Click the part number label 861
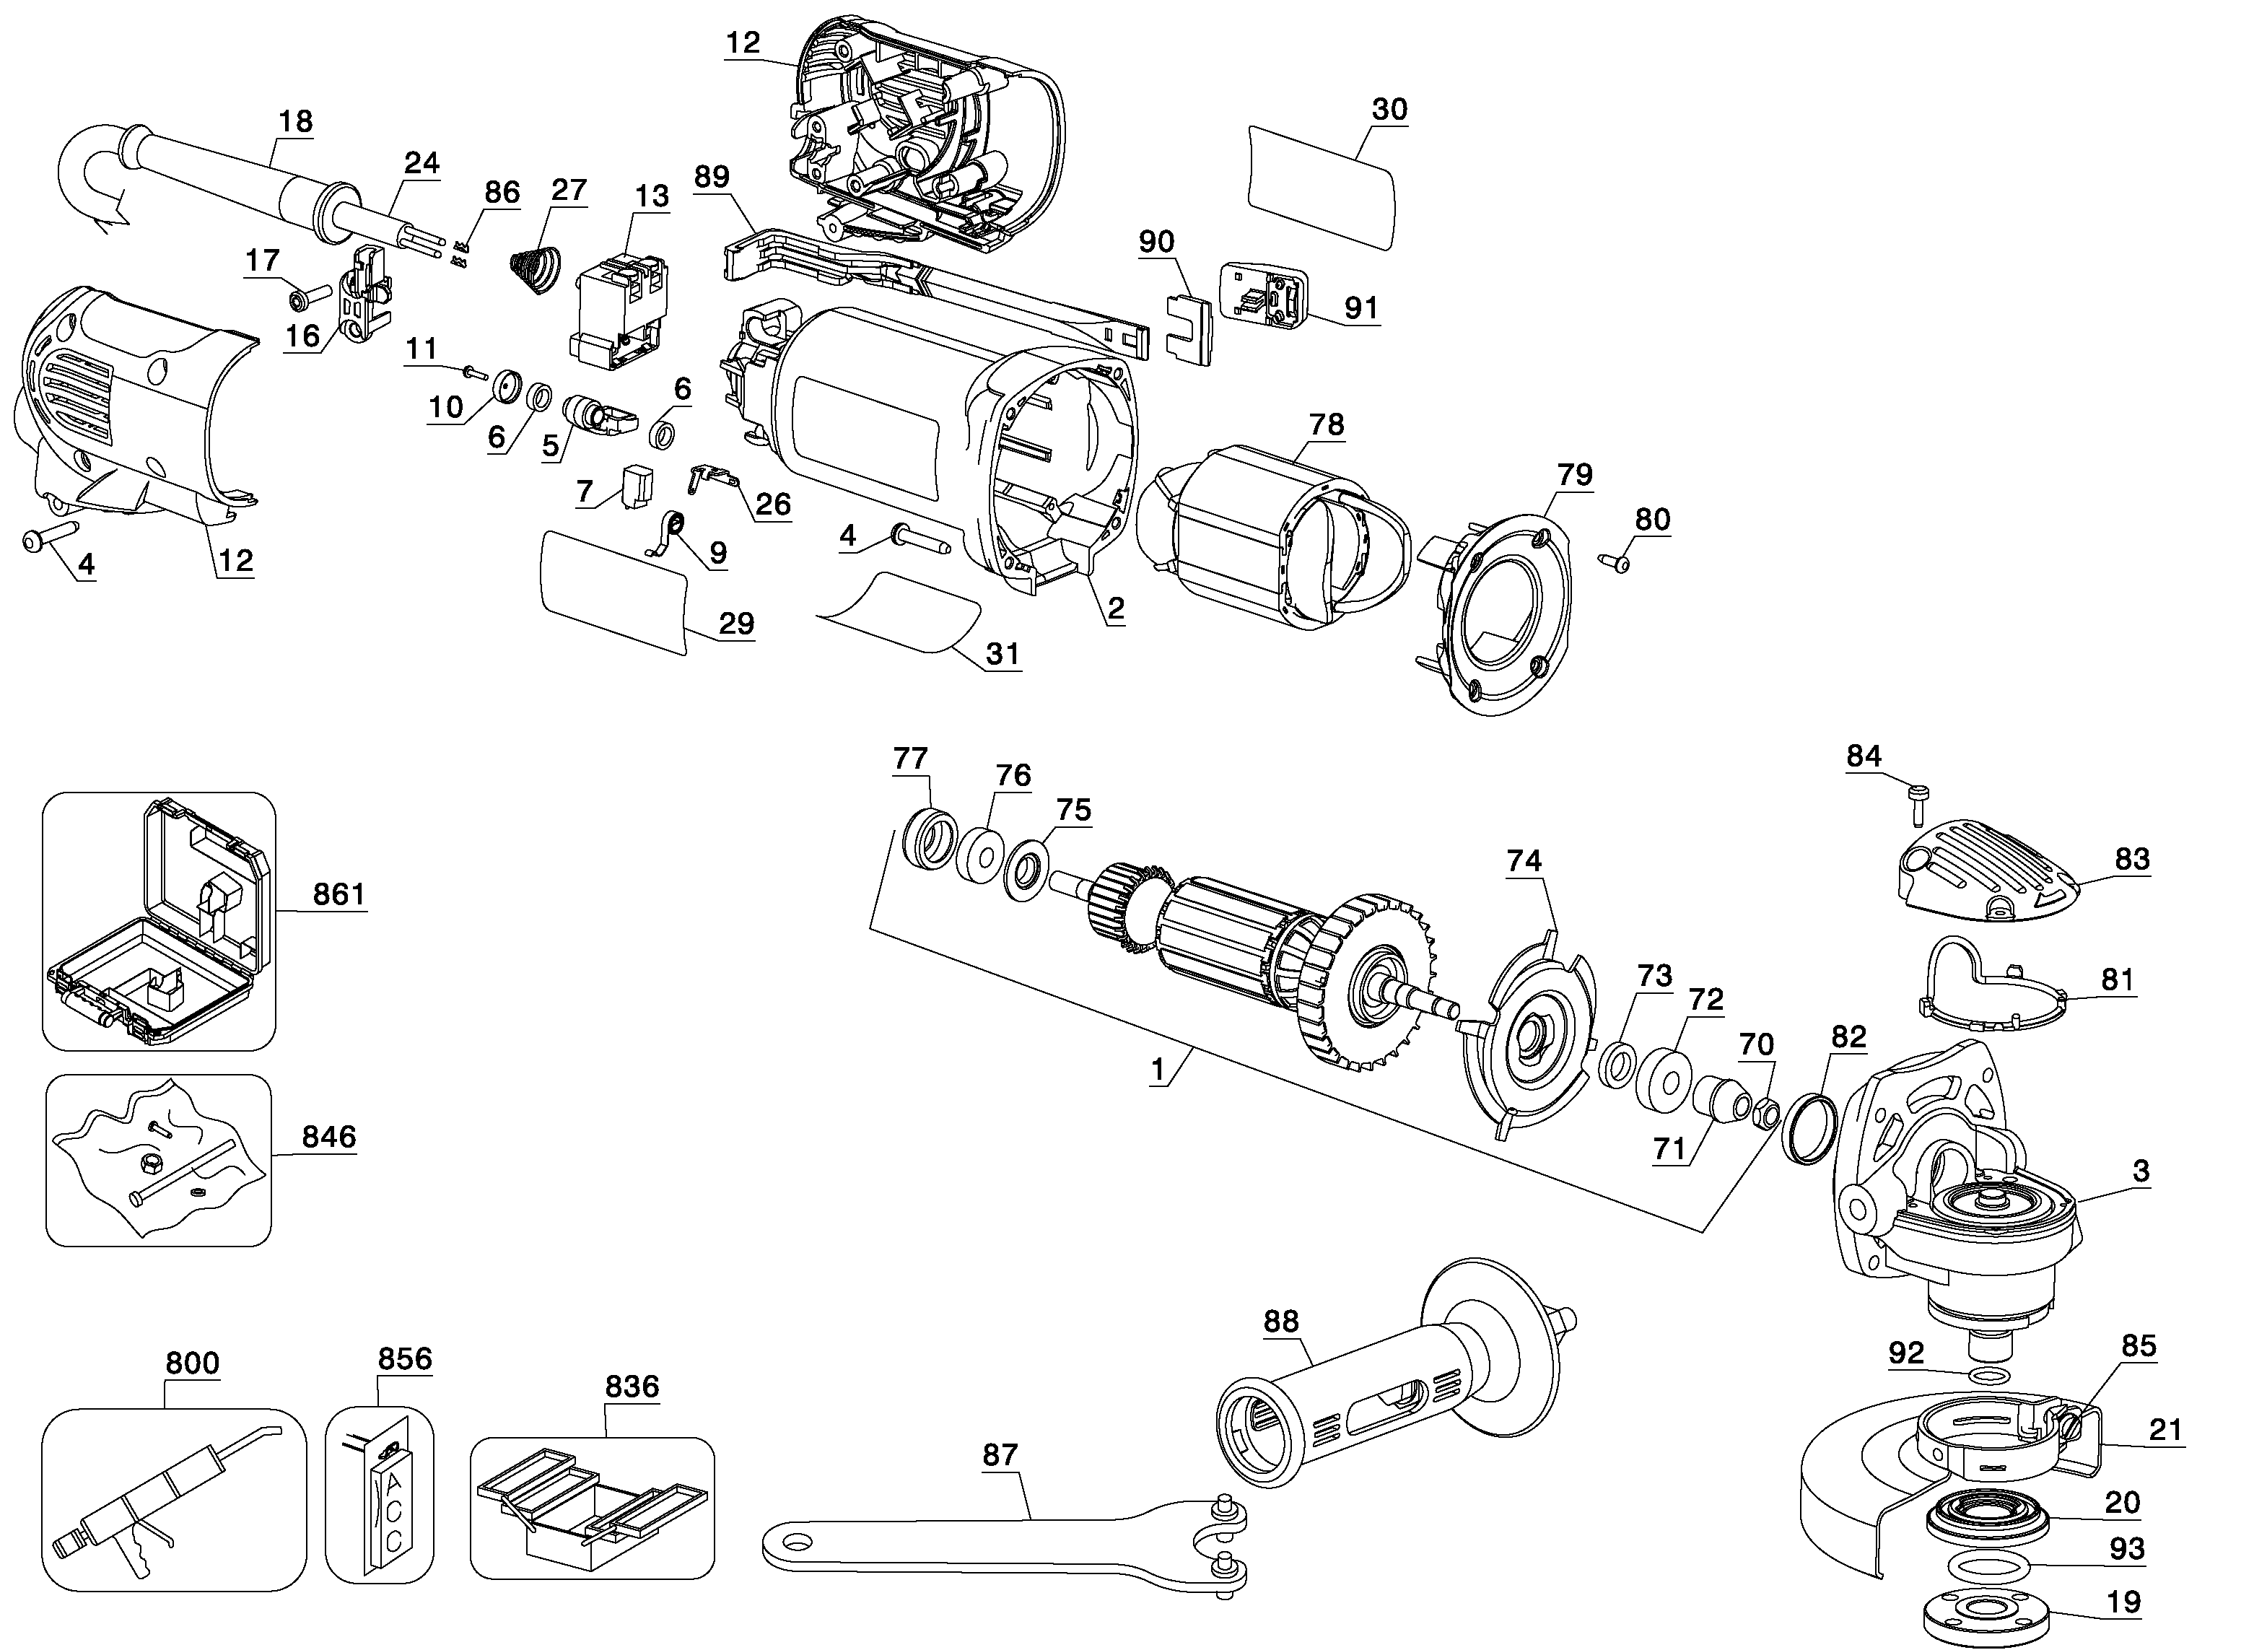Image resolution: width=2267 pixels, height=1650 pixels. pyautogui.click(x=338, y=894)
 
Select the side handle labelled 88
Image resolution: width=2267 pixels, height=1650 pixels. pyautogui.click(x=1389, y=1399)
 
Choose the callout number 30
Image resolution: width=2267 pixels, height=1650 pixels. pyautogui.click(x=1389, y=109)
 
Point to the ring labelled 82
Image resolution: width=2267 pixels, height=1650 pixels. pyautogui.click(x=1810, y=1130)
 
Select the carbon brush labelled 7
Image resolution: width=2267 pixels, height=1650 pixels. pyautogui.click(x=637, y=485)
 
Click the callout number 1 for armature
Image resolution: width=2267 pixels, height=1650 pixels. pyautogui.click(x=1158, y=1070)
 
